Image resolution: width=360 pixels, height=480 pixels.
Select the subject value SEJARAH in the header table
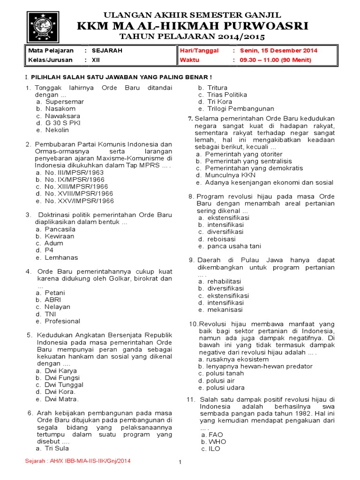click(107, 51)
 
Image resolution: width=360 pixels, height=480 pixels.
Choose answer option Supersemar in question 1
click(64, 102)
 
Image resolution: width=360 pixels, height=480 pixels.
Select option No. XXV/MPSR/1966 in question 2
click(79, 201)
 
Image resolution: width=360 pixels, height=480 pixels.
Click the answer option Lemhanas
click(61, 257)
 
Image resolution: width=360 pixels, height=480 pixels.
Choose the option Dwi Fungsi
click(62, 378)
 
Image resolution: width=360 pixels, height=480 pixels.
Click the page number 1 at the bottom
click(180, 463)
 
